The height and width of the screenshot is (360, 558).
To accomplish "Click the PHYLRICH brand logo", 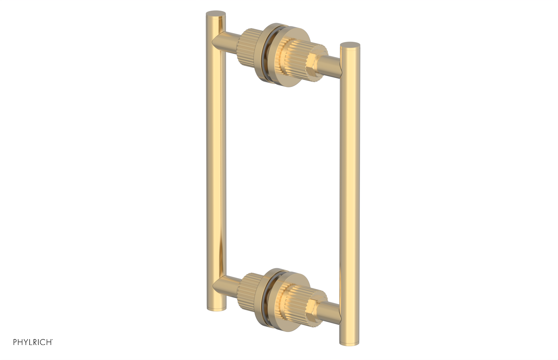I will [33, 342].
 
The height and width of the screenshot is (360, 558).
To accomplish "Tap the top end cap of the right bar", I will [350, 45].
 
